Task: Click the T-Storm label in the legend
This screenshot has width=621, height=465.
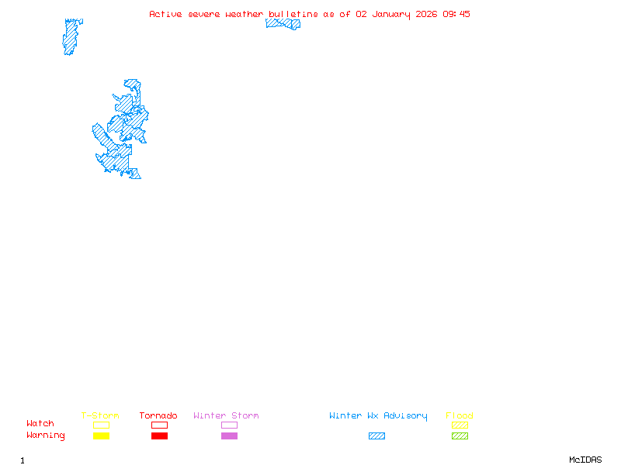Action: point(100,416)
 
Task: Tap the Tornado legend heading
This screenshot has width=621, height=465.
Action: point(158,416)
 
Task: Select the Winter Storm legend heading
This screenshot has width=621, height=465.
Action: point(226,416)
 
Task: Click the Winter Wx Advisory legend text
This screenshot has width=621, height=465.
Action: point(378,416)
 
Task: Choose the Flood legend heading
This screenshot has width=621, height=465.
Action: point(460,416)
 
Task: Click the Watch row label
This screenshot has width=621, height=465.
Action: point(40,424)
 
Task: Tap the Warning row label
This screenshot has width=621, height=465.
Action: point(46,436)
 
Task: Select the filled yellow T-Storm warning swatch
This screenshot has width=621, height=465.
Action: point(101,436)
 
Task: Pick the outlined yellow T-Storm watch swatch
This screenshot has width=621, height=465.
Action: point(101,425)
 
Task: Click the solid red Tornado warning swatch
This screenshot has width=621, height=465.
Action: point(159,436)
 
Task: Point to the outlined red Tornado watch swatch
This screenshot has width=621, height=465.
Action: point(159,425)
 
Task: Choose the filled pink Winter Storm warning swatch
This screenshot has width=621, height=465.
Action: point(229,436)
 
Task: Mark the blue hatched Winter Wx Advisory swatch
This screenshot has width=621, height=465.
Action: point(376,436)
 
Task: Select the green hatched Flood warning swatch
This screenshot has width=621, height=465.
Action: point(460,436)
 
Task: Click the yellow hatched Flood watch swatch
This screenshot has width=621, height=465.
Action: point(460,425)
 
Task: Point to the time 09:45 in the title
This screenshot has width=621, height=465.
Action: point(456,14)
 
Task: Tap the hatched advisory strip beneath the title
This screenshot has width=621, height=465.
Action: point(283,24)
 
